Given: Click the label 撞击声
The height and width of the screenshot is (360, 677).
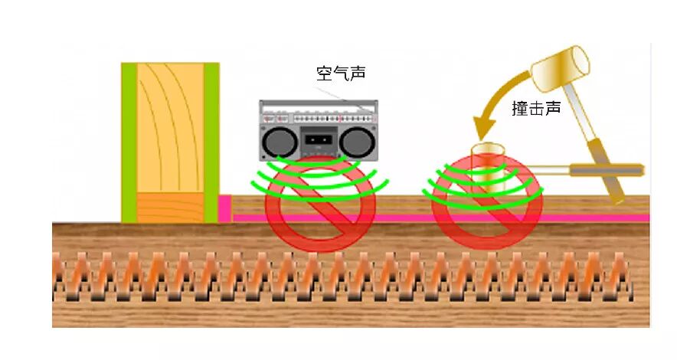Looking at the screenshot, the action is [x=536, y=109].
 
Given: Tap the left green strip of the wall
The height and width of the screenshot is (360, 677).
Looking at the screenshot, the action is [x=129, y=142].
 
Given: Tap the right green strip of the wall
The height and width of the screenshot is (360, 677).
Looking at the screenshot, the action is [x=211, y=142].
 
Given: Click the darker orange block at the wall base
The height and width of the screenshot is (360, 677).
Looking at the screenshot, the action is [x=170, y=207].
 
